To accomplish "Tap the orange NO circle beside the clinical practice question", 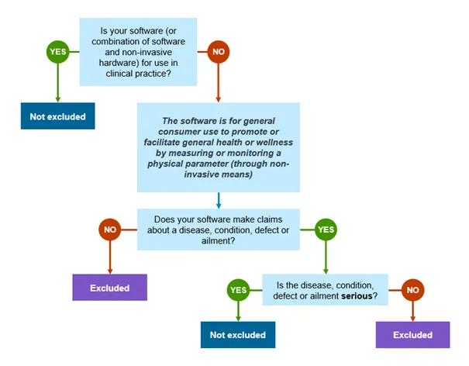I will coord(218,52).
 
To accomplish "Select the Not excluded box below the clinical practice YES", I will coord(57,116).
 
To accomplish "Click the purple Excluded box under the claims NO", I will coord(109,288).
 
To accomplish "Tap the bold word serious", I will coord(359,296).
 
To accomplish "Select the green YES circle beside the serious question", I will coord(237,291).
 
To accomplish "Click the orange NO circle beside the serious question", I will coord(412,291).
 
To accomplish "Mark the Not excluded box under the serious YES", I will coord(238,335).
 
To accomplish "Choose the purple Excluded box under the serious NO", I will coord(412,335).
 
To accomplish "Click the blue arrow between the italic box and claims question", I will coord(218,199).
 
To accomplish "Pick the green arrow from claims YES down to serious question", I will coord(326,256).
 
